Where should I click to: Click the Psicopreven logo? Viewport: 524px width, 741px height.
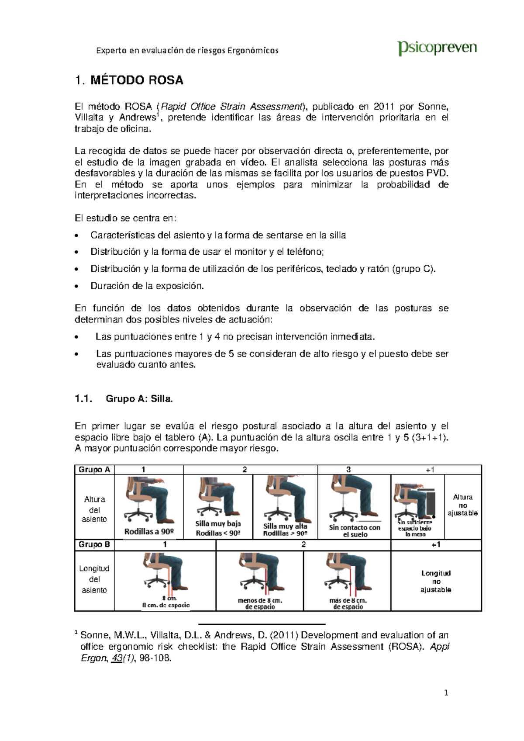437,48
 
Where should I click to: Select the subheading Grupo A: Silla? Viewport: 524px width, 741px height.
139,398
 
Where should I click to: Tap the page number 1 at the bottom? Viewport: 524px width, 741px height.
446,693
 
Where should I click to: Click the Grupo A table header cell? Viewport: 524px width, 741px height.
94,470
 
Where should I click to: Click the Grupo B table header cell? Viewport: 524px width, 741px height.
94,544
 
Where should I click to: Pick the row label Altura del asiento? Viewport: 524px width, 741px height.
94,509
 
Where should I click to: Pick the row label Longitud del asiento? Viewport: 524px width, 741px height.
94,579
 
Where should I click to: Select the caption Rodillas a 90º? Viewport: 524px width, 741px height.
149,532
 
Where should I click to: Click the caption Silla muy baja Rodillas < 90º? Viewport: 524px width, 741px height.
218,528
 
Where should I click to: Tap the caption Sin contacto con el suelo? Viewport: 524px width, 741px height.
355,531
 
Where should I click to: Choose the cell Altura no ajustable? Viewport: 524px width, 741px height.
462,505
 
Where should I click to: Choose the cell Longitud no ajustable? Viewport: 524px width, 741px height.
436,581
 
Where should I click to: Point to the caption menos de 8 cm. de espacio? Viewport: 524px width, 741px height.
260,603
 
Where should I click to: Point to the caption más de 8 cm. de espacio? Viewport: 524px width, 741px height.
348,603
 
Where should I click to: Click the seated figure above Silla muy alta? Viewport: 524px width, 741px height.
286,498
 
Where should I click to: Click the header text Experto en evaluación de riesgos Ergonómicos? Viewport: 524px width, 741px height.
187,50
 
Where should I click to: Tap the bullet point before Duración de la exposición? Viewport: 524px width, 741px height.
77,287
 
